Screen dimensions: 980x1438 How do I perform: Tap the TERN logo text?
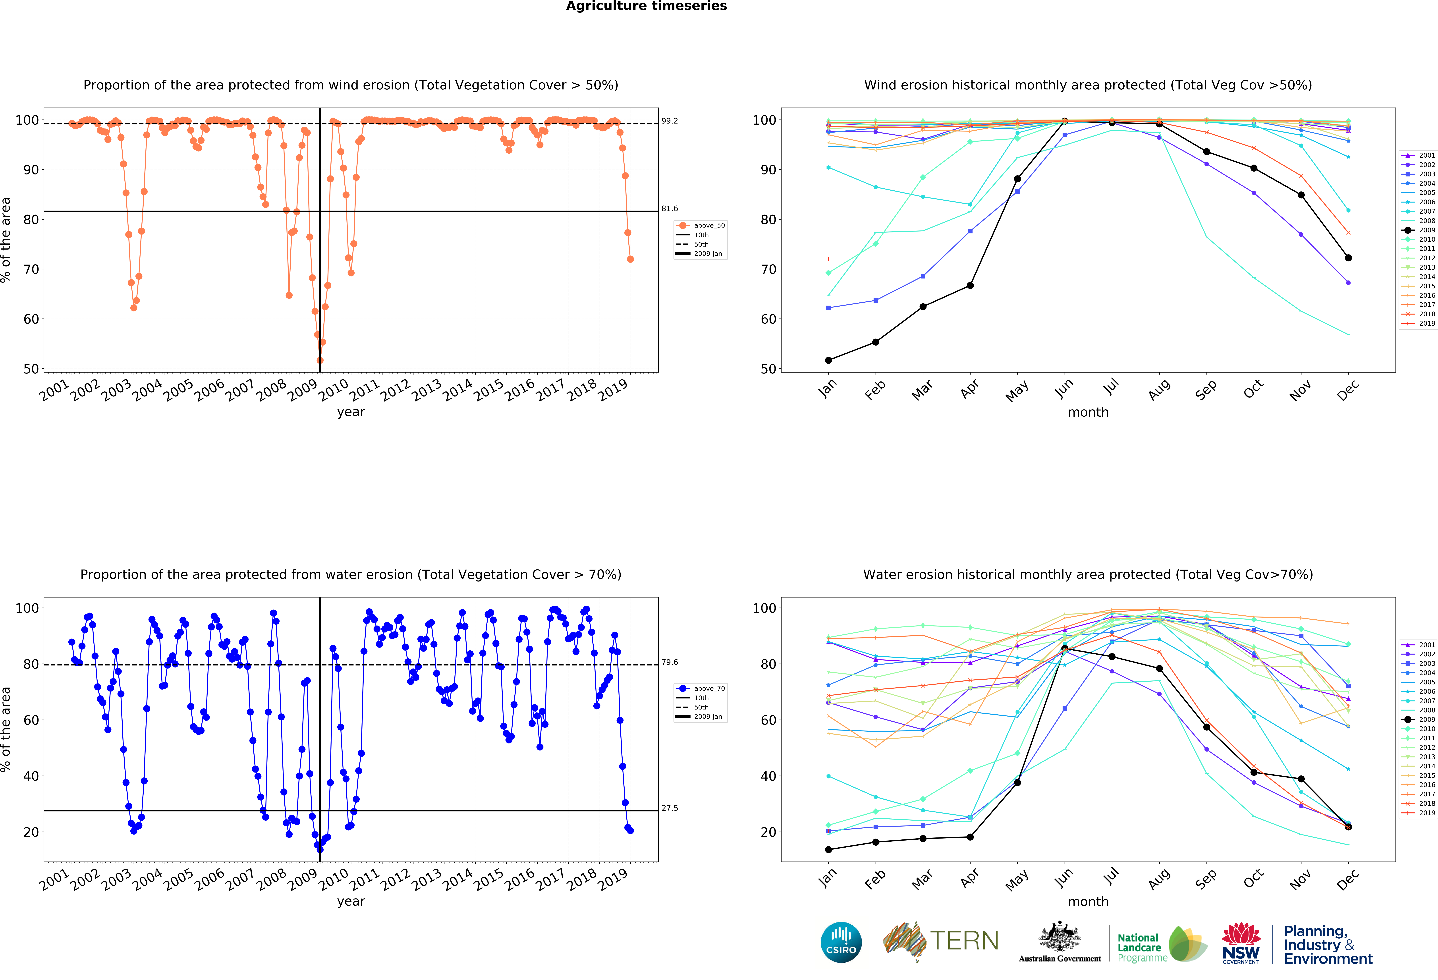[964, 941]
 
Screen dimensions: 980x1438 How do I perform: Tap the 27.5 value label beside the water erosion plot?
[670, 808]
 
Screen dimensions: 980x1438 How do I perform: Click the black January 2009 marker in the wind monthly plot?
[828, 360]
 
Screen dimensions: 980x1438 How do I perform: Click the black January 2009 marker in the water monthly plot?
[828, 849]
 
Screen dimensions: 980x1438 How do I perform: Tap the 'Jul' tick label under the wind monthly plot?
[1111, 387]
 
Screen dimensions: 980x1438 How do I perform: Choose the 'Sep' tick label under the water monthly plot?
[1206, 879]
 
